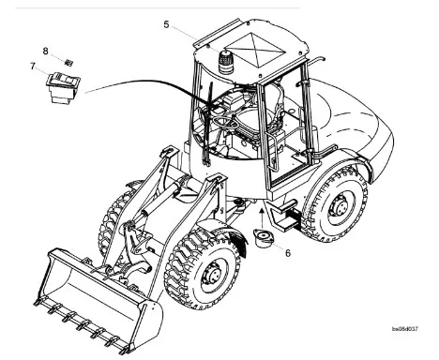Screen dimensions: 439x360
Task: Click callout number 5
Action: point(166,24)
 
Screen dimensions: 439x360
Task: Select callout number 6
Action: point(288,253)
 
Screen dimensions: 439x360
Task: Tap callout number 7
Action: point(33,67)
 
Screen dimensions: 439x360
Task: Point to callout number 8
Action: point(46,51)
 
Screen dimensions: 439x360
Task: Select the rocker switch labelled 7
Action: point(64,87)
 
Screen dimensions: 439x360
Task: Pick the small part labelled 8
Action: point(68,63)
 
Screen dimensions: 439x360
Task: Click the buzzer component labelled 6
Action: point(264,238)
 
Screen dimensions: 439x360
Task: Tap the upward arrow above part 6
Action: point(262,216)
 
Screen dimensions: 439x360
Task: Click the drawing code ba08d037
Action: point(405,329)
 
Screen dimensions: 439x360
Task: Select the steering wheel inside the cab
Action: point(226,123)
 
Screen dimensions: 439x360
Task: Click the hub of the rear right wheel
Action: point(340,206)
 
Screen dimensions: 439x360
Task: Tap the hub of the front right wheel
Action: point(212,276)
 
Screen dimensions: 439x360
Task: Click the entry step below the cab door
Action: point(284,216)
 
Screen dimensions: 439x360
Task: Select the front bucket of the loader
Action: point(98,300)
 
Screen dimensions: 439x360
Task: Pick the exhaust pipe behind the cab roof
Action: point(315,60)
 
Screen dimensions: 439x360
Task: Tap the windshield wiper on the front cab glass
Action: point(207,124)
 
